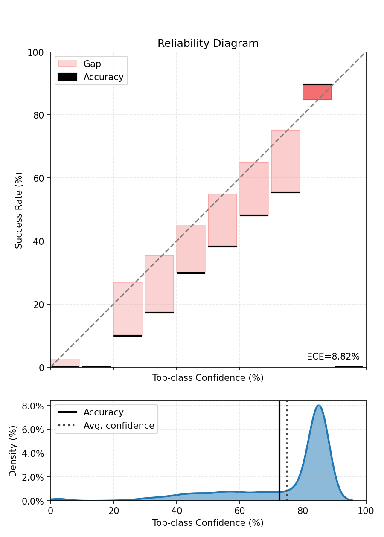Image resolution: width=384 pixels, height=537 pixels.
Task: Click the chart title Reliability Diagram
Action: (x=208, y=44)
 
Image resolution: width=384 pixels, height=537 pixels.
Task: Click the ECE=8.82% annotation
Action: (x=333, y=357)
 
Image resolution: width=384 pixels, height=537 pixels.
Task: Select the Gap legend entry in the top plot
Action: (x=92, y=64)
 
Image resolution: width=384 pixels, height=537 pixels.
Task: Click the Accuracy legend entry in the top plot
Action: (x=103, y=77)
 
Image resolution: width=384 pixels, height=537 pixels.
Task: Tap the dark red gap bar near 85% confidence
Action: (x=317, y=92)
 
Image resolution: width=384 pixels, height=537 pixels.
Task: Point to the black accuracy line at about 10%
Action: (x=128, y=336)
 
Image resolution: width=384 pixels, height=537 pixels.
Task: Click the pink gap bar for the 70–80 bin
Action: (x=285, y=161)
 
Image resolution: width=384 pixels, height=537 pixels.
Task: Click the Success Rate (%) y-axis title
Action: (x=19, y=210)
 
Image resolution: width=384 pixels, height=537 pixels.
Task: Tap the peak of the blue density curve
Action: (x=318, y=406)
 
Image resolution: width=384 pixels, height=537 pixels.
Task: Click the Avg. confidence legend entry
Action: (x=119, y=426)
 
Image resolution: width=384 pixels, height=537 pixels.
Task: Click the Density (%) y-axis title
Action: (x=13, y=451)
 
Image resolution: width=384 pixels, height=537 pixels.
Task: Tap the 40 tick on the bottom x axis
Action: (x=177, y=509)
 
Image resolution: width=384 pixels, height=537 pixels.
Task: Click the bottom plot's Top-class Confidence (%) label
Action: (x=208, y=522)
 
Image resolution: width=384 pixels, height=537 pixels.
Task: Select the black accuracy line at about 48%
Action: (x=254, y=215)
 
